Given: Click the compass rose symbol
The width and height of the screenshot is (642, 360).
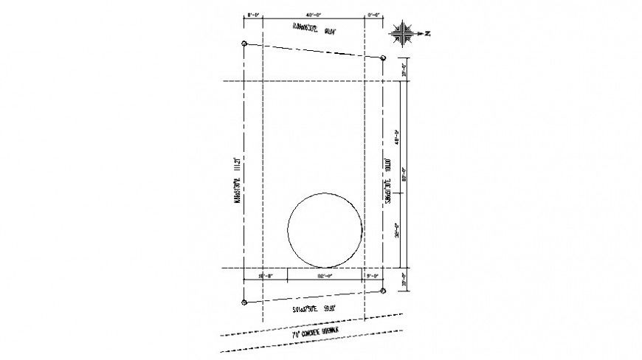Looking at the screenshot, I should point(404,33).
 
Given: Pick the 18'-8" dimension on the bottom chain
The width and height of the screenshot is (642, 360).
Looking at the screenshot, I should point(265,274).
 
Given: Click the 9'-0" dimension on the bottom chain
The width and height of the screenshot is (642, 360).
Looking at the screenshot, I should point(373,274).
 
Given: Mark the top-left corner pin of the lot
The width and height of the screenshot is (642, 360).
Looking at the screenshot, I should point(244,44).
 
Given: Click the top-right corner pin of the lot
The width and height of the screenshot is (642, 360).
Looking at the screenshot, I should point(382,58).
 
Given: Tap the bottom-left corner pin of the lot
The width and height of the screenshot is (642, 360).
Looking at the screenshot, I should point(244,302).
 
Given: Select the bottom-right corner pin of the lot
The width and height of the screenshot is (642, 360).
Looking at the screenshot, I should point(382,291).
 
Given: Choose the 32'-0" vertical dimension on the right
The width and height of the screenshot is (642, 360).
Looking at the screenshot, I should point(396,231).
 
